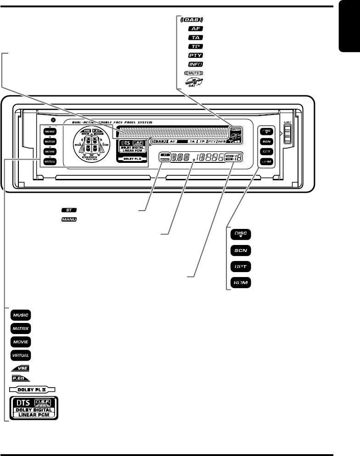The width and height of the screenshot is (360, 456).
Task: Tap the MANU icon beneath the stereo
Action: pos(67,220)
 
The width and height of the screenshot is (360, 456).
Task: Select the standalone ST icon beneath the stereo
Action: pos(67,210)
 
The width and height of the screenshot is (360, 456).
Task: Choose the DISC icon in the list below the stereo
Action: pos(240,235)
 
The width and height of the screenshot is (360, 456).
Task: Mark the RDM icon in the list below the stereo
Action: pos(240,283)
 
